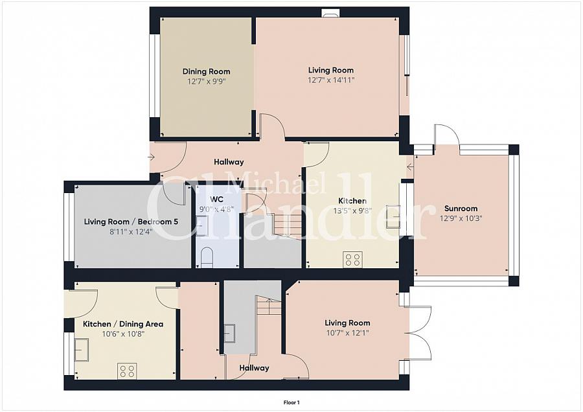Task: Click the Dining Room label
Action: (x=206, y=71)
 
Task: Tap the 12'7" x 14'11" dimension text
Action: (x=331, y=80)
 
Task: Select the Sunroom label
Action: (x=461, y=209)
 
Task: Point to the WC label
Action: (x=216, y=200)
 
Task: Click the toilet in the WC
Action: (x=207, y=258)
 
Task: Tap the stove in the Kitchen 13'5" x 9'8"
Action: (x=353, y=260)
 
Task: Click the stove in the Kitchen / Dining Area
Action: (x=127, y=371)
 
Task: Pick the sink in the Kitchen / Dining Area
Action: (x=82, y=350)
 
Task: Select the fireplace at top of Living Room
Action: (x=330, y=14)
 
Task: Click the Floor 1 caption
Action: (x=291, y=402)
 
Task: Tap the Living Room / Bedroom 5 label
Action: (x=131, y=222)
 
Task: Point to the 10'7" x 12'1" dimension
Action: (x=347, y=333)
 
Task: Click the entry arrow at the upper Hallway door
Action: (x=152, y=157)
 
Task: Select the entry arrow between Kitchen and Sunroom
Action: (x=411, y=167)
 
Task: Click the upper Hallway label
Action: (x=229, y=162)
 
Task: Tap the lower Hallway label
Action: (x=254, y=368)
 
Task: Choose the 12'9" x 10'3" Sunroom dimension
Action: (x=461, y=218)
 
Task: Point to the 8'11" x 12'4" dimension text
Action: (x=131, y=232)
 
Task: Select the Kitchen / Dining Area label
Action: (x=123, y=325)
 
